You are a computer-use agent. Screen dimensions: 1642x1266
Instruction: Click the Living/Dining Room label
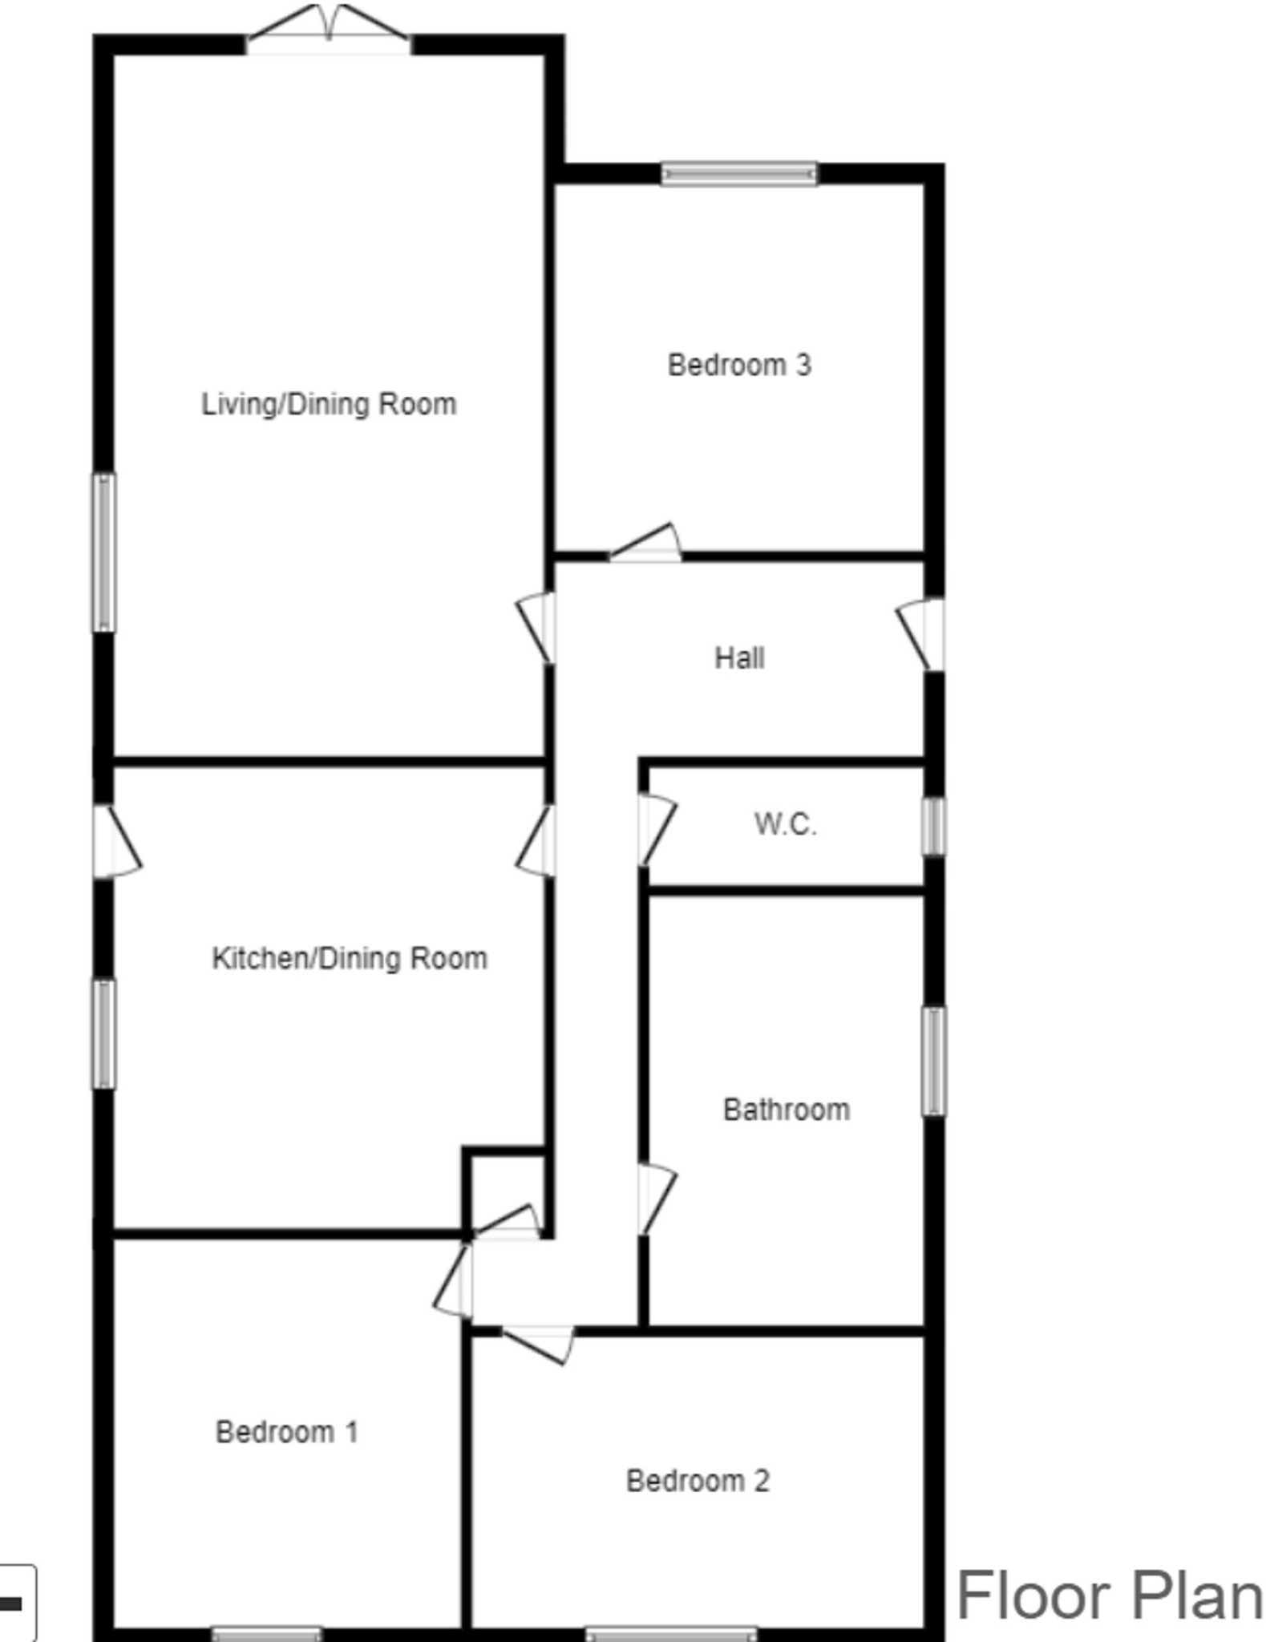(x=329, y=404)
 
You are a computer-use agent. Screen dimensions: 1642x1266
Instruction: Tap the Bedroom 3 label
(x=739, y=366)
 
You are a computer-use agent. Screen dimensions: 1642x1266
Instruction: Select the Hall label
(x=739, y=658)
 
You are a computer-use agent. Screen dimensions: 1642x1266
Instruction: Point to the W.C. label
(x=786, y=824)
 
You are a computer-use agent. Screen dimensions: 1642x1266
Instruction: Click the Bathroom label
(x=787, y=1110)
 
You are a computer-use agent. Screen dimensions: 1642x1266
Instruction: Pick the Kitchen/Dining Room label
(x=350, y=958)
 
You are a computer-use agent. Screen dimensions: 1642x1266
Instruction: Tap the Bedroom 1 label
(x=287, y=1431)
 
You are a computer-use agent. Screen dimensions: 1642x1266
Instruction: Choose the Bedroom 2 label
(x=698, y=1480)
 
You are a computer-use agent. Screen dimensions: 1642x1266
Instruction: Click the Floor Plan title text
(x=1110, y=1596)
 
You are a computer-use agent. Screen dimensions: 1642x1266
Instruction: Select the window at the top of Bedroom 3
(x=739, y=173)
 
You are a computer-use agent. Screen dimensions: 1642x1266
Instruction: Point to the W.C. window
(x=933, y=826)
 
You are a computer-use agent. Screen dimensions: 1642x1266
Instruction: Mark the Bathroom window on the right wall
(x=933, y=1060)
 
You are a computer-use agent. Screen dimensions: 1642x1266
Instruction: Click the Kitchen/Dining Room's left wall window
(x=103, y=1033)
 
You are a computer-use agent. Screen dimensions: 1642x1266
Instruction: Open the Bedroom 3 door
(x=646, y=546)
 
